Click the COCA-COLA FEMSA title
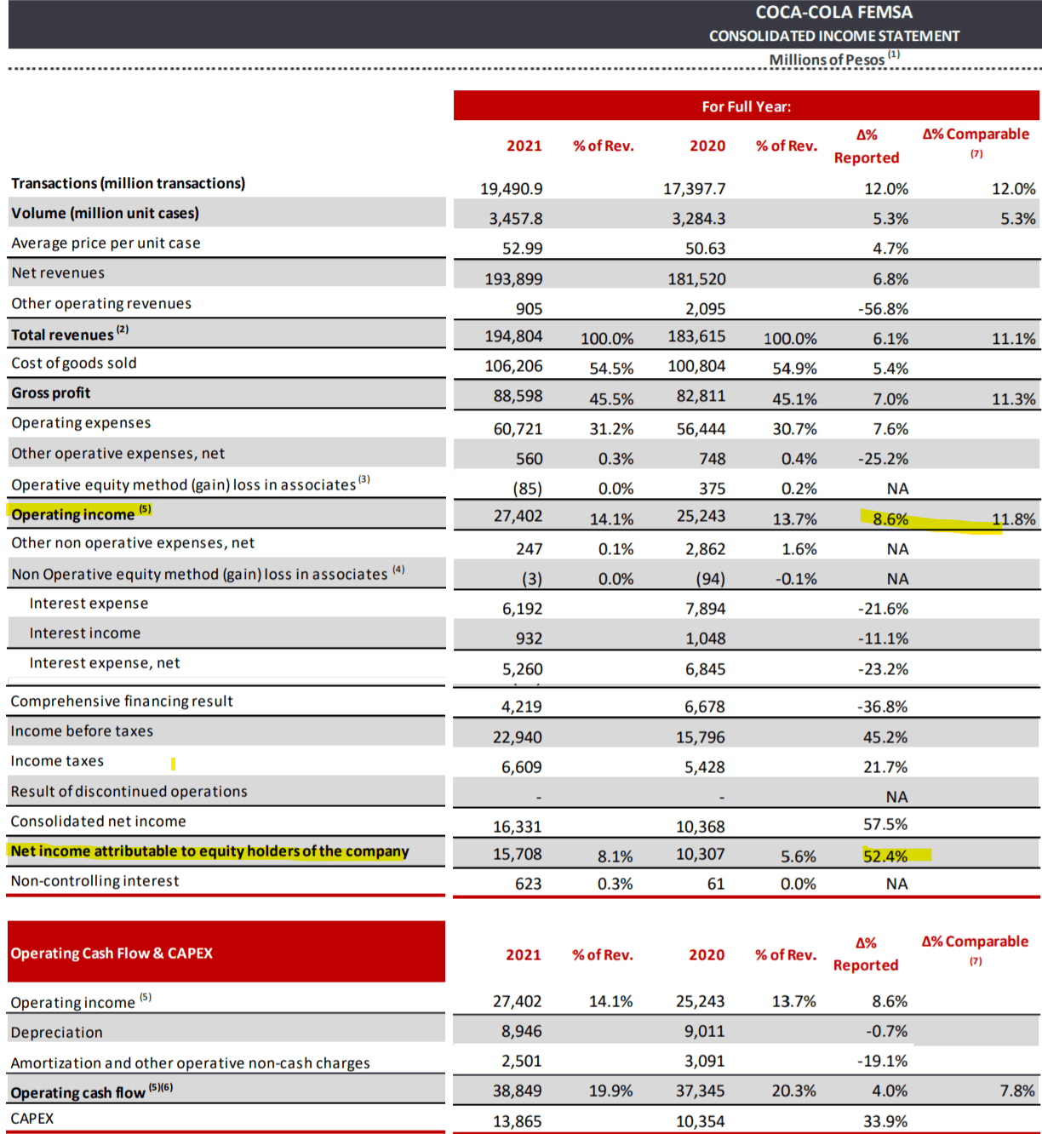point(833,13)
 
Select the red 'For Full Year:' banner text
point(746,106)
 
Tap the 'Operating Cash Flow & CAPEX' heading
point(112,954)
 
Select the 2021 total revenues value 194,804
point(513,336)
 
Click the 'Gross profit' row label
point(51,393)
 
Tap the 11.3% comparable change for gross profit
point(1013,399)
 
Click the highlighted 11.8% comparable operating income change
point(1013,519)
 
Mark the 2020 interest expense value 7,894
point(705,609)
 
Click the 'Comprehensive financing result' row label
point(122,702)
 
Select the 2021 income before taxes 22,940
point(517,737)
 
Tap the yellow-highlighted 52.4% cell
point(885,856)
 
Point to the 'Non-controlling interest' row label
point(94,881)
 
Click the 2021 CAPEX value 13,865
point(517,1121)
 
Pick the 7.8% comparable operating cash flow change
point(1017,1091)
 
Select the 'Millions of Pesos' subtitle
point(827,60)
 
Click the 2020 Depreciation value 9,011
point(704,1032)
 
